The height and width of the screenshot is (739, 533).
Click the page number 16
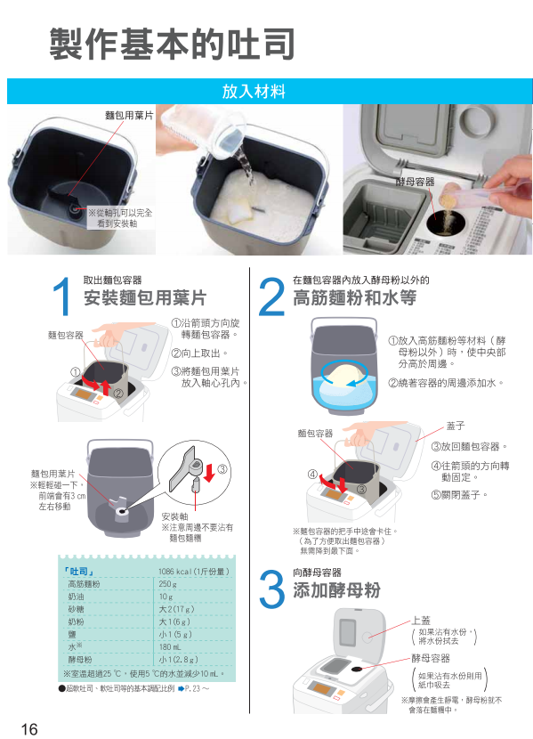coord(28,728)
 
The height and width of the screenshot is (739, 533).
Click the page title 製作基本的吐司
coord(173,44)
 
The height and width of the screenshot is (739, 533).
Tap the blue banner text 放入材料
coord(254,91)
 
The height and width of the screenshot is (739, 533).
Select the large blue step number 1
coord(62,296)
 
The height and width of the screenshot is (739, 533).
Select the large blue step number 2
coord(271,296)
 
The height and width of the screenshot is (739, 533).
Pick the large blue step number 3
coord(271,589)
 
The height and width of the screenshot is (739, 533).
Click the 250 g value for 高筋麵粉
coord(167,584)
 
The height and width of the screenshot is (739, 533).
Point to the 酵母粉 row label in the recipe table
coord(80,660)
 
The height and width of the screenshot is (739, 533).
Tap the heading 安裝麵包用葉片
coord(145,298)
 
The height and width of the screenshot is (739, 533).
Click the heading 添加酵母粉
coord(336,590)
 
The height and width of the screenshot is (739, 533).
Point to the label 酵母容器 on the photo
coord(415,182)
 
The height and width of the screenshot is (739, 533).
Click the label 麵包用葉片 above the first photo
coord(129,116)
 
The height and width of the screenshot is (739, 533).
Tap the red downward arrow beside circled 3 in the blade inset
coord(209,472)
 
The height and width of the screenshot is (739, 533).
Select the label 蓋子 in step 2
coord(456,426)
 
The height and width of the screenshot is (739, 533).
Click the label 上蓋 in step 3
coord(421,621)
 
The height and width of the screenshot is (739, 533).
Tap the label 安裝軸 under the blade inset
coord(174,516)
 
